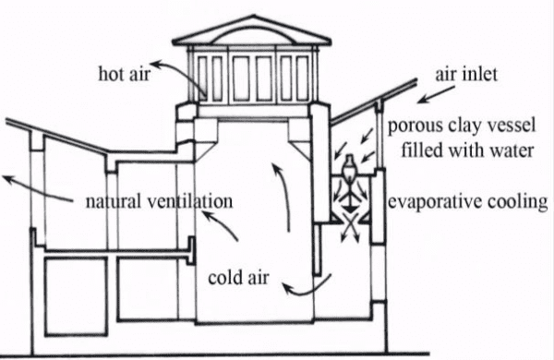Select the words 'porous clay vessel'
460,126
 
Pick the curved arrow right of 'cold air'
303,287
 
